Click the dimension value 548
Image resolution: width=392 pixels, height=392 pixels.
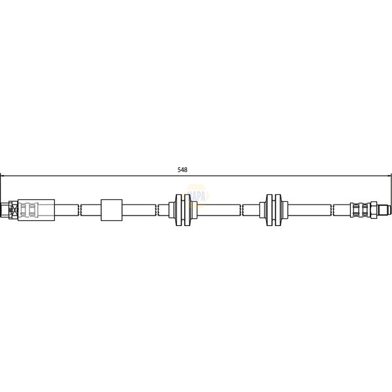(182, 170)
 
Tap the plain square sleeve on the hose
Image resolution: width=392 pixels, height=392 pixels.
(111, 210)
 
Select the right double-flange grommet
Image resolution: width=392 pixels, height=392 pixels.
(273, 210)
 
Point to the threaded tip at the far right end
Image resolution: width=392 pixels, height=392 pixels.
(385, 210)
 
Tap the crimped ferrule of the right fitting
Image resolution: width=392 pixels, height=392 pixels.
(359, 210)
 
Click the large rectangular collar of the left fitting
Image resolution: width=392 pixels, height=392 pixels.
(37, 210)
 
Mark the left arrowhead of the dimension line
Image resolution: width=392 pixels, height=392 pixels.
(3, 175)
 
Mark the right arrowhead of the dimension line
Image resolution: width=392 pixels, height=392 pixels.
(389, 175)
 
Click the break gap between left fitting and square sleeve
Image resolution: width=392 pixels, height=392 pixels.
(80, 210)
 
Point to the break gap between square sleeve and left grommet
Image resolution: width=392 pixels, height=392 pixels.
(157, 210)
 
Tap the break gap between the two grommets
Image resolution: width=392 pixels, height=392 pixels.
(242, 210)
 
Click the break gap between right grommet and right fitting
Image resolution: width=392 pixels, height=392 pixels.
(332, 210)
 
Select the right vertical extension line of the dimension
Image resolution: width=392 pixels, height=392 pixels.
(391, 189)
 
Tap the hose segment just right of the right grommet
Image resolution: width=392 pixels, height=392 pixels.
(307, 210)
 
